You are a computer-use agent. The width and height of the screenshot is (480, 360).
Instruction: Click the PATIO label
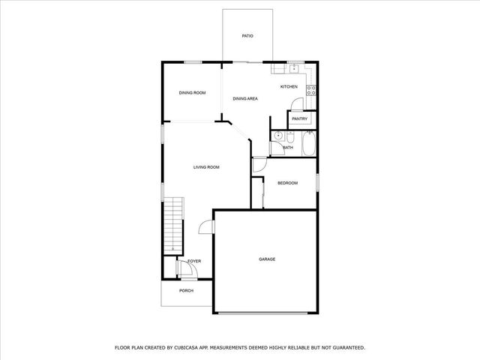[x=247, y=35]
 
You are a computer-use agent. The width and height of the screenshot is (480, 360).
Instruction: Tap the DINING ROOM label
[x=192, y=93]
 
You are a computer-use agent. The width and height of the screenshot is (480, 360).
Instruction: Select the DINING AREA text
[x=245, y=99]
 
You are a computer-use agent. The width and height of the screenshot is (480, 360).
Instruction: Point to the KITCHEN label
[x=289, y=87]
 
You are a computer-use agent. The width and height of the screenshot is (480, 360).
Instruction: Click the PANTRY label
[x=300, y=118]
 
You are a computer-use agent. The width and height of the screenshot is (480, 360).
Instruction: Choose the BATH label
[x=288, y=148]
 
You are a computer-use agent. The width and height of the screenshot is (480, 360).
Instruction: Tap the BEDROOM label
[x=287, y=183]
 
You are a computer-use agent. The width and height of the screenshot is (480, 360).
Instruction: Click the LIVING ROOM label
[x=206, y=167]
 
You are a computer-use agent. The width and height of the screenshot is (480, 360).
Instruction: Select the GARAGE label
[x=267, y=259]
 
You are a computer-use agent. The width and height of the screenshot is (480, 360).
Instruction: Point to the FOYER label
[x=194, y=261]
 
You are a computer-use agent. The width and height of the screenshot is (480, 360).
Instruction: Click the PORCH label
[x=186, y=291]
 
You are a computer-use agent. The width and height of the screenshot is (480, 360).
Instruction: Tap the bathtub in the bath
[x=307, y=145]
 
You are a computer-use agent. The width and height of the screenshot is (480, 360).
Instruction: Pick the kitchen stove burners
[x=312, y=90]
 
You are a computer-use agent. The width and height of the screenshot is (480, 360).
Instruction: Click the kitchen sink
[x=294, y=69]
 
